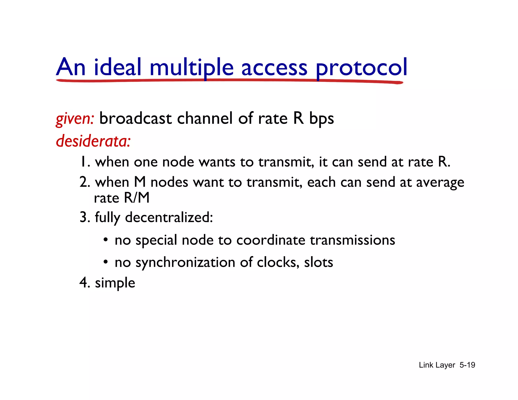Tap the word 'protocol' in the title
(361, 68)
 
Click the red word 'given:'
(75, 119)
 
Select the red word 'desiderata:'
(93, 141)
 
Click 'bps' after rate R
(321, 119)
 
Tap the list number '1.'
(85, 162)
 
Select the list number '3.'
(85, 217)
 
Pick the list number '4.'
(85, 282)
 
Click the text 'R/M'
(137, 198)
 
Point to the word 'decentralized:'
(169, 217)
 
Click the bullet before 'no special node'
(106, 239)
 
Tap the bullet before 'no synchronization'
(106, 262)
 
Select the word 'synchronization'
(185, 262)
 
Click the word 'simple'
(115, 283)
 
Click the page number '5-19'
(467, 365)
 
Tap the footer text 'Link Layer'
(437, 365)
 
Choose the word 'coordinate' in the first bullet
(271, 240)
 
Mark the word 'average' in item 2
(440, 182)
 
